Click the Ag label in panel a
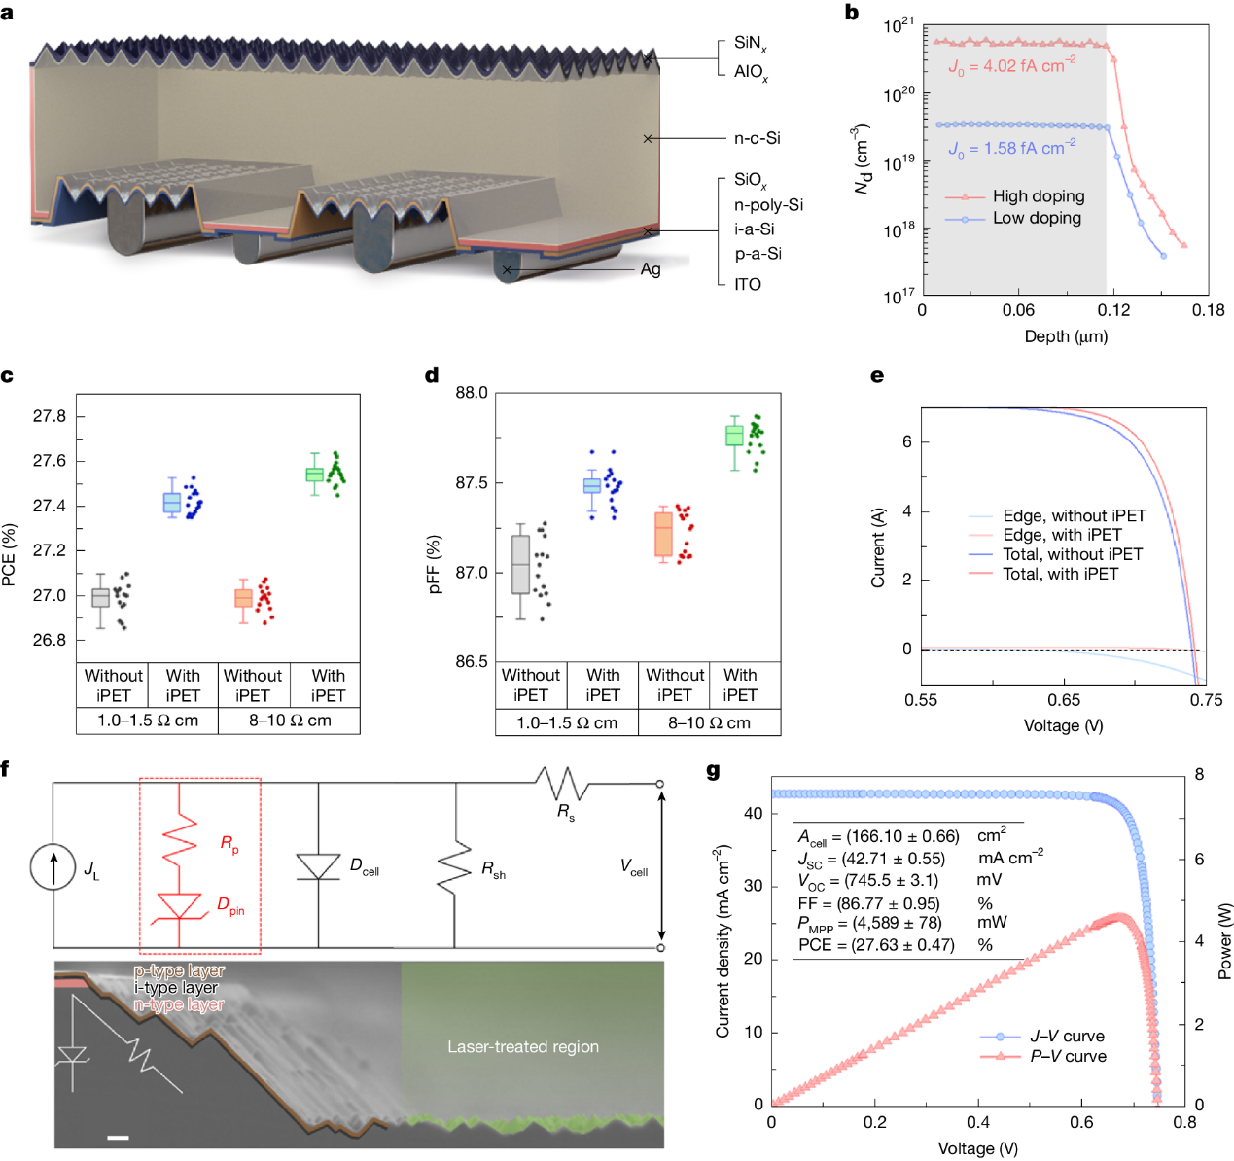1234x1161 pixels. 651,269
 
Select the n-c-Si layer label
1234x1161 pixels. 757,138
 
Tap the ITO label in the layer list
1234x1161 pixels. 747,284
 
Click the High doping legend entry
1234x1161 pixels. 1038,196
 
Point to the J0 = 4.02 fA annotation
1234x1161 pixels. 1011,66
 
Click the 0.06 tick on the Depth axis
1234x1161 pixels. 1018,310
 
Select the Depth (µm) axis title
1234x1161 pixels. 1066,336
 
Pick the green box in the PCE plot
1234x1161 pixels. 314,474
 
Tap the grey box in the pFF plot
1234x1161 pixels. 520,564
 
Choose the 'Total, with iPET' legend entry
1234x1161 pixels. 1060,574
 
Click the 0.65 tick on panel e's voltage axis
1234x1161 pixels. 1064,700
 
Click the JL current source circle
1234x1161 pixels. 53,866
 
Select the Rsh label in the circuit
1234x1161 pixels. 493,869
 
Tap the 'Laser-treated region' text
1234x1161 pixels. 523,1047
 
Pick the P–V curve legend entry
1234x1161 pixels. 1068,1057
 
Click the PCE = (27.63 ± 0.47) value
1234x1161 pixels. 876,945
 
